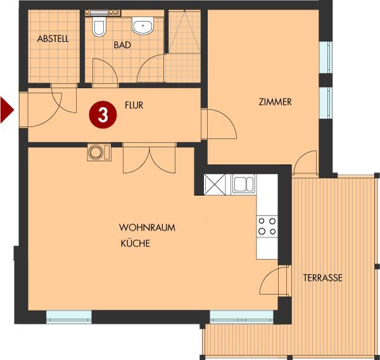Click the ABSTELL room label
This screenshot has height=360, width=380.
[53, 39]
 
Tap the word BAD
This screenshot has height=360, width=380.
[122, 45]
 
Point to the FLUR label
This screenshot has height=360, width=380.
[134, 105]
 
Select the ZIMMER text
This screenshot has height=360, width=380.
[275, 102]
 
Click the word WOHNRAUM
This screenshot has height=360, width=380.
[147, 228]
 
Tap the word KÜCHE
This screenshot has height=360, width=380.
[136, 243]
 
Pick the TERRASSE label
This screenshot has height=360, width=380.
[323, 278]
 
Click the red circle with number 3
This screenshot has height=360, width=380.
[103, 115]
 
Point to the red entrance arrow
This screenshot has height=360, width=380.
[7, 110]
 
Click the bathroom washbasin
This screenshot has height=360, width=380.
[143, 25]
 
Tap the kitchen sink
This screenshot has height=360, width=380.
[243, 184]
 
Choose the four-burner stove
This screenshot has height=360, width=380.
[267, 226]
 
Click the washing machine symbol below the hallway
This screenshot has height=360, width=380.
[99, 152]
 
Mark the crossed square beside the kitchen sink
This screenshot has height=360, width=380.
[215, 184]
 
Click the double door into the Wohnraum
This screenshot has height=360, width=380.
[149, 158]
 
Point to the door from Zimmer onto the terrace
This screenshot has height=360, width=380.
[305, 162]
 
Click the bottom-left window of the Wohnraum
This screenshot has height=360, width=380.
[69, 317]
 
